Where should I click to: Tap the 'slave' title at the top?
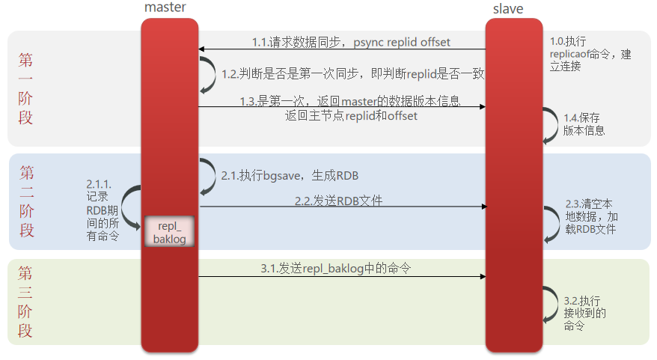[x=509, y=9]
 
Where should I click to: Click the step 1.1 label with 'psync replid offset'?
[x=350, y=43]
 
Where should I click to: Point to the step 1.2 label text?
[x=353, y=74]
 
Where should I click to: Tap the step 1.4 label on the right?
[x=584, y=124]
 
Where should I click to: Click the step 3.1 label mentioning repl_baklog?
[x=335, y=268]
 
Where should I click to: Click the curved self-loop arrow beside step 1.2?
[x=207, y=75]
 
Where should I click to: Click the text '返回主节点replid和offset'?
[x=350, y=116]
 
